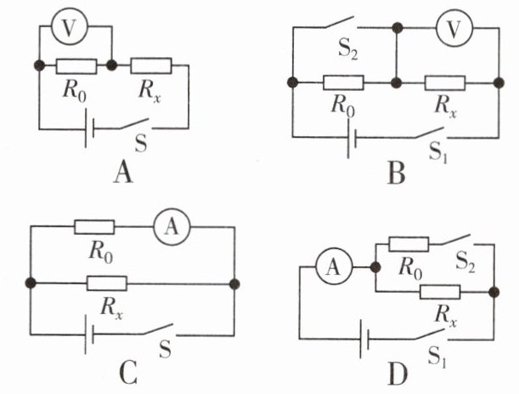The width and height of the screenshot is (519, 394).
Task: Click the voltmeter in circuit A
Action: point(70,27)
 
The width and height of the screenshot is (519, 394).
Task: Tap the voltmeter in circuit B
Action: point(454,29)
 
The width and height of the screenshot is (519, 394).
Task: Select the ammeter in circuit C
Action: point(172,227)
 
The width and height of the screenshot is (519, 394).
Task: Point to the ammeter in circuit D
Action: point(334,267)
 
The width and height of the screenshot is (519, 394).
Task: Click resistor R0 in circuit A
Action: point(76,66)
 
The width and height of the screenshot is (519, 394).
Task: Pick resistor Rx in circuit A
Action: point(151,66)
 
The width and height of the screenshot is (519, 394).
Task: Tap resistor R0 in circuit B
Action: point(343,83)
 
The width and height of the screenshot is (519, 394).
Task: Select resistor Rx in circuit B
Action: point(445,83)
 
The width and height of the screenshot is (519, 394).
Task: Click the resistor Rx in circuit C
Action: point(106,283)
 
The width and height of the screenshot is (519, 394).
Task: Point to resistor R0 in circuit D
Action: point(409,244)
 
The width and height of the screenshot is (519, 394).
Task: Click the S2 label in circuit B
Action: point(348,51)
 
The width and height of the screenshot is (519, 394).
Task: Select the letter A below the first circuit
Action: point(123,173)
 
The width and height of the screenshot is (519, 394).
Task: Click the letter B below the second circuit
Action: point(396,174)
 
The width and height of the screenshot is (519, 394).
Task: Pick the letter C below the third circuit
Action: point(128,374)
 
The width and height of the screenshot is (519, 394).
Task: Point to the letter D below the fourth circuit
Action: point(398,375)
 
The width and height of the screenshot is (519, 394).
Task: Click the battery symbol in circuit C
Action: point(89,334)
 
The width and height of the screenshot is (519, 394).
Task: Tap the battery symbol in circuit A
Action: point(90,128)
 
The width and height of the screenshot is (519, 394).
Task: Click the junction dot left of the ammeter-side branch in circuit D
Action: point(375,267)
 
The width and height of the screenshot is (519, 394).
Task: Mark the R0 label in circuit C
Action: point(100,253)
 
